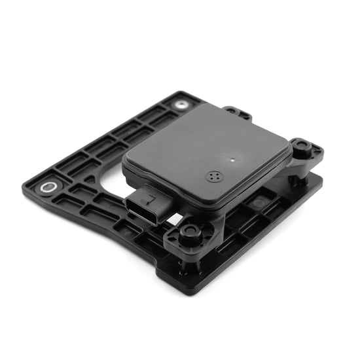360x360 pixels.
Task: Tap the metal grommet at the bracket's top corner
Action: tap(179, 104)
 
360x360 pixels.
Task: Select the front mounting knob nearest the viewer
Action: tap(190, 231)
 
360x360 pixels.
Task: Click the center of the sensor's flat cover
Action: tap(206, 154)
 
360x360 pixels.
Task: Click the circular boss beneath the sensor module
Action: tap(258, 204)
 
